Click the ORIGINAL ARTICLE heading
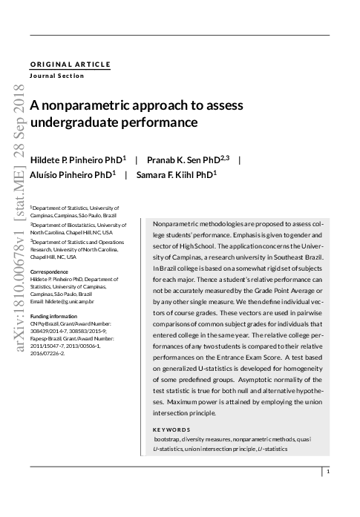click(71, 65)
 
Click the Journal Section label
click(56, 76)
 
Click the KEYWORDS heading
click(171, 429)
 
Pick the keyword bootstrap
click(168, 439)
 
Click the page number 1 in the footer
click(327, 471)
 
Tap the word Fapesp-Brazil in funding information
click(46, 338)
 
